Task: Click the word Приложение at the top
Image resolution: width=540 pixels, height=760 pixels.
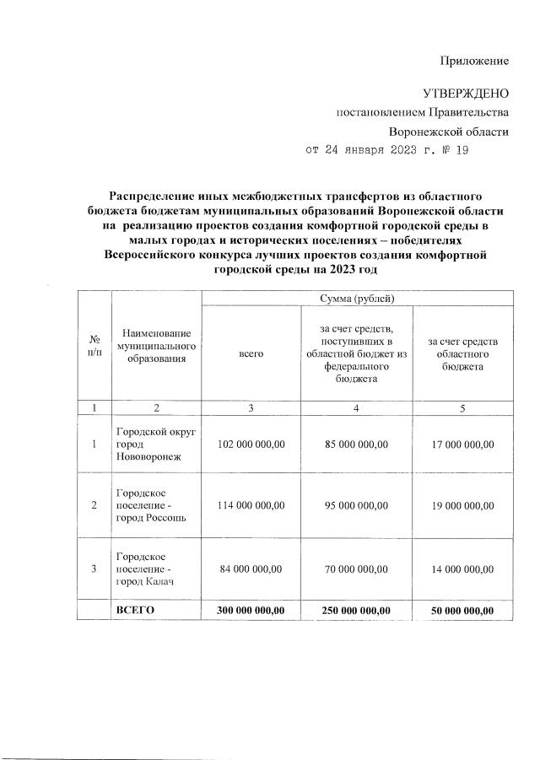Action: coord(475,61)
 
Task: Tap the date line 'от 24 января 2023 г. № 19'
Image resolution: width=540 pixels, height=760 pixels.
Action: coord(386,151)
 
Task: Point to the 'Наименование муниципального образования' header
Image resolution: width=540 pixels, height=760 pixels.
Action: coord(156,348)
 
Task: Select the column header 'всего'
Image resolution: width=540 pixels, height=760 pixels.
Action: coord(251,355)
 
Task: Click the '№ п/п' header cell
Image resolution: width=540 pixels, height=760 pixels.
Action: coord(94,348)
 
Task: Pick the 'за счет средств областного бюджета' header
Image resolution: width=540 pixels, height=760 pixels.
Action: coord(463,355)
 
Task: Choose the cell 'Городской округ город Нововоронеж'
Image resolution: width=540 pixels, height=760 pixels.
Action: coord(156,444)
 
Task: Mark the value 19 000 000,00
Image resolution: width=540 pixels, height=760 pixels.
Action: coord(462,505)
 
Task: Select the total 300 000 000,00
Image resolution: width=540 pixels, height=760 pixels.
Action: coord(251,610)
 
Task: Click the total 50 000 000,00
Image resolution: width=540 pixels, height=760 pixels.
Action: coord(462,610)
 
